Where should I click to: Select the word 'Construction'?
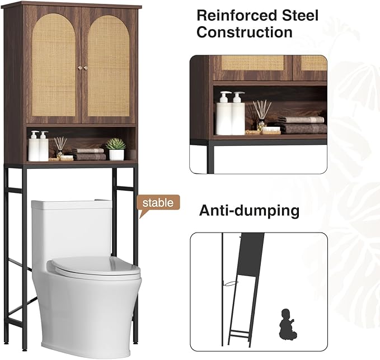point(244,32)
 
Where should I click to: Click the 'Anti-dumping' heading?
point(249,211)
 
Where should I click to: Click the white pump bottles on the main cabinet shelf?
point(39,146)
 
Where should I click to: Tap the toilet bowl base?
point(84,313)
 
